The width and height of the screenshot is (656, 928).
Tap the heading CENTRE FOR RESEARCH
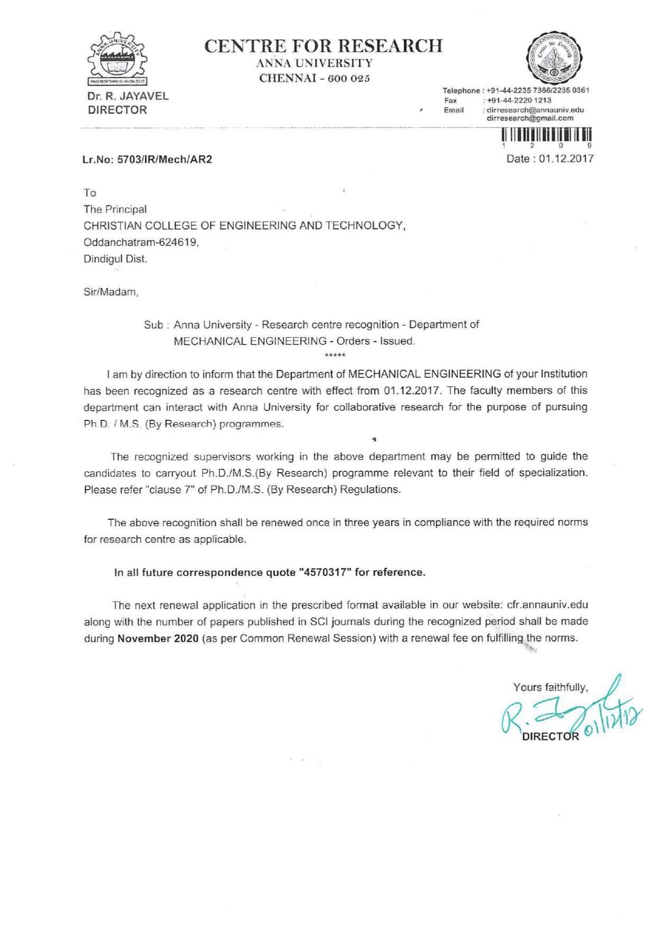pos(323,46)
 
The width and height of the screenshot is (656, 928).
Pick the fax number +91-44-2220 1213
pos(519,100)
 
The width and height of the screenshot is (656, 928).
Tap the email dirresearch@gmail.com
pos(530,118)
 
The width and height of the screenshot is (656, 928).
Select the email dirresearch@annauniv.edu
pos(535,109)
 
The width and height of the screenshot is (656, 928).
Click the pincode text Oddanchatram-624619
pos(141,243)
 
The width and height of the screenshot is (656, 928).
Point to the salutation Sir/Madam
pos(111,292)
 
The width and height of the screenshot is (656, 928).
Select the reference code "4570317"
pos(325,572)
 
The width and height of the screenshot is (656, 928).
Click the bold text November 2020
pos(158,638)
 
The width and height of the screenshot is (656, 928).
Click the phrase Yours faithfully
pos(550,687)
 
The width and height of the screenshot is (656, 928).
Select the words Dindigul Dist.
pos(116,259)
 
